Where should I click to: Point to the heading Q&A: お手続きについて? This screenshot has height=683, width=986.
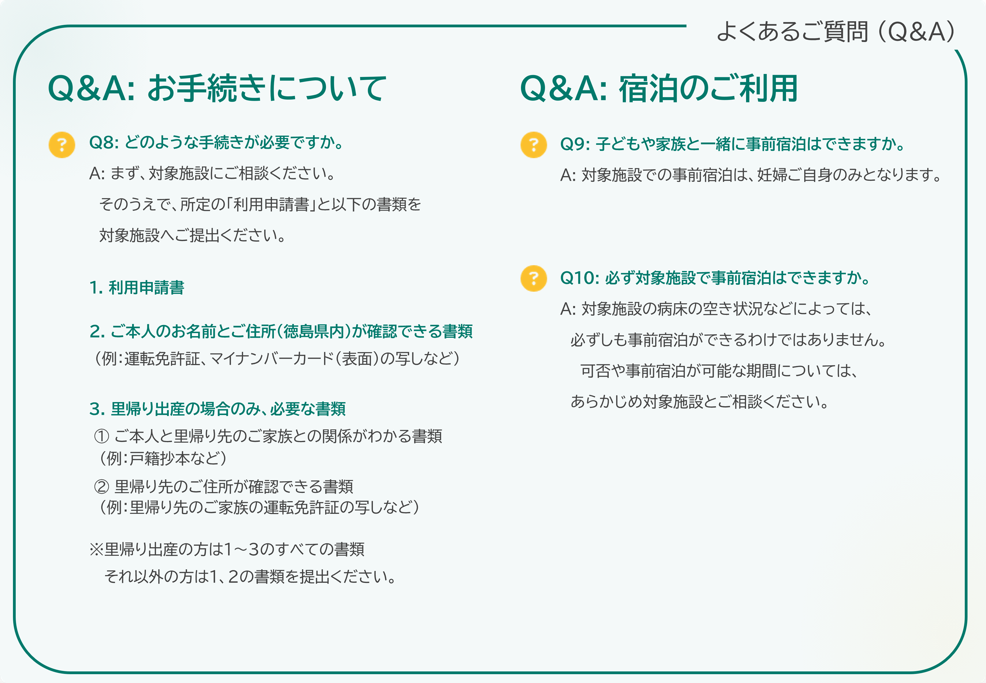[217, 88]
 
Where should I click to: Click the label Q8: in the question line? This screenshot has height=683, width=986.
[104, 142]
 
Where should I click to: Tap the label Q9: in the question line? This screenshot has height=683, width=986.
[575, 144]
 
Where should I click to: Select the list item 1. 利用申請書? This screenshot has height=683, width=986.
[137, 288]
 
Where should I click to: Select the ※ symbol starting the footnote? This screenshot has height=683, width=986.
[97, 549]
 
